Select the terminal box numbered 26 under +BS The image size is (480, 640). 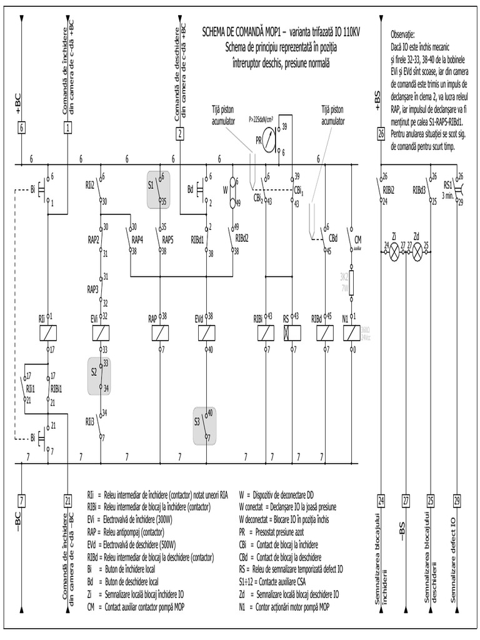[x=381, y=133]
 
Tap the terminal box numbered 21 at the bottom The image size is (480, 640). [x=67, y=499]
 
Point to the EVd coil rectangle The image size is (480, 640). [x=207, y=333]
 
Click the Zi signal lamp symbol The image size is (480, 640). [x=394, y=252]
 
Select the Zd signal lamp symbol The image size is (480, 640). [x=418, y=252]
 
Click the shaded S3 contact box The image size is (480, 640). [x=205, y=426]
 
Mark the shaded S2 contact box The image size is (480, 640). [x=99, y=376]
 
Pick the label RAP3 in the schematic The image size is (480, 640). [x=92, y=289]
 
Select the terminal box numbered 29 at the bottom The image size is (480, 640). [x=457, y=499]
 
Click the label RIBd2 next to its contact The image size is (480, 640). [x=242, y=237]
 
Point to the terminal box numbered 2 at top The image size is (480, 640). [x=180, y=132]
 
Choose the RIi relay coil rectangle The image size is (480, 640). [x=48, y=333]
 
